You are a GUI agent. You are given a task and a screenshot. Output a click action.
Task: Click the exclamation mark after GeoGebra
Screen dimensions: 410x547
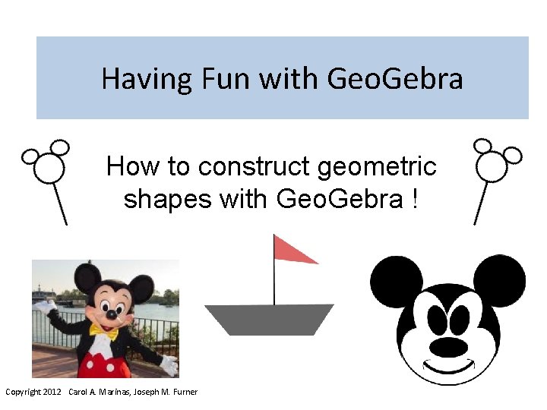pyautogui.click(x=414, y=199)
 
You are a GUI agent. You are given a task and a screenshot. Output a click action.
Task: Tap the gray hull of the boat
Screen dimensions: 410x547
pyautogui.click(x=270, y=318)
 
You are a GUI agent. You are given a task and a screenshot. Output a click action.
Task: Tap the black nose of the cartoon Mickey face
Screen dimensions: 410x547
pyautogui.click(x=448, y=347)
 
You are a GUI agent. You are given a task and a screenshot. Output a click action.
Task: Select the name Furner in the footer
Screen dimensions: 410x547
pyautogui.click(x=185, y=392)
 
